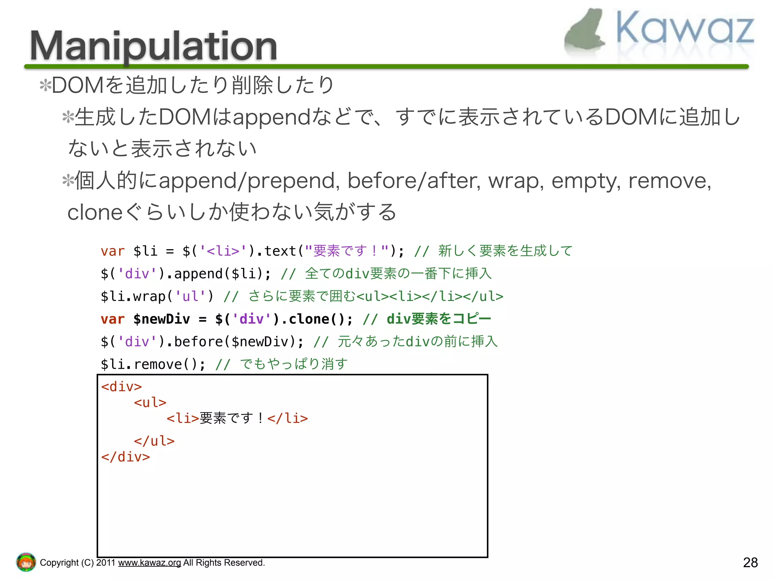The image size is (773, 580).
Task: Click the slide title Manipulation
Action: click(153, 46)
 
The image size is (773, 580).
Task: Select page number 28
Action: click(750, 563)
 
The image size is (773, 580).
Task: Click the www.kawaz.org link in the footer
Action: click(149, 563)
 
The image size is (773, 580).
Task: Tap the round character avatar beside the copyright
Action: click(26, 562)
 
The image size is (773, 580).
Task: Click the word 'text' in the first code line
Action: click(280, 251)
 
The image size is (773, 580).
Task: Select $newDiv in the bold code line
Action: click(162, 319)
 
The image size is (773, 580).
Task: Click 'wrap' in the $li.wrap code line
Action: click(149, 296)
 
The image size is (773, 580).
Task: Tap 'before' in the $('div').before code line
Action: click(199, 342)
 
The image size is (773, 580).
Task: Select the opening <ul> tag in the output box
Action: click(150, 403)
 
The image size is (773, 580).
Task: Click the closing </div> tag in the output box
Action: click(125, 457)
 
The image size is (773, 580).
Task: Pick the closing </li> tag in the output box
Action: click(288, 418)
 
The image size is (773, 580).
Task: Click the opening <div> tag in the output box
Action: click(121, 387)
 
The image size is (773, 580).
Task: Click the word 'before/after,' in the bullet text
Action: click(414, 180)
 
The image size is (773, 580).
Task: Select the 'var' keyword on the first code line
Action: click(112, 251)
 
